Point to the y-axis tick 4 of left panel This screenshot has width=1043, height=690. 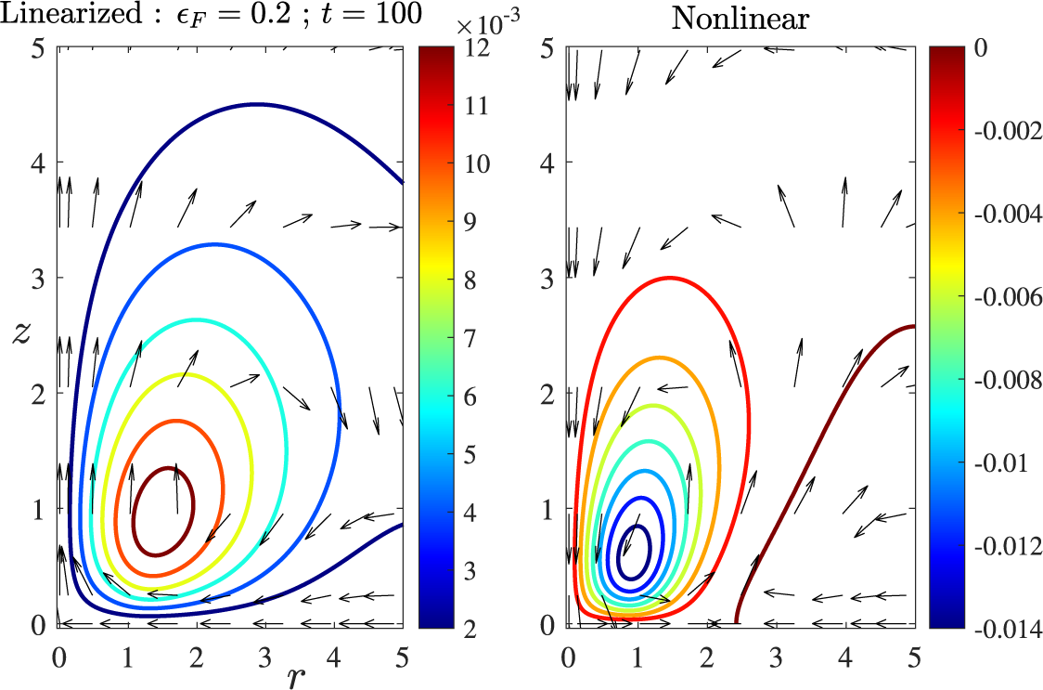(x=39, y=163)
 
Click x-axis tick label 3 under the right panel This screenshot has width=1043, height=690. (x=776, y=657)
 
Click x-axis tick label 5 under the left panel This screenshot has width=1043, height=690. (x=402, y=657)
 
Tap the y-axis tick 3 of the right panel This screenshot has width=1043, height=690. (x=548, y=278)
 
